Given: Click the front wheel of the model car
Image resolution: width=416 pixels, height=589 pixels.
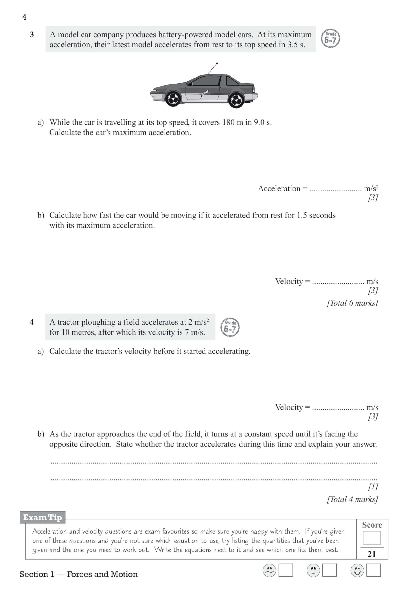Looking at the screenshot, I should coord(173,98).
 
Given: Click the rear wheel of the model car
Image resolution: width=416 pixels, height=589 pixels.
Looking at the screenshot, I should coord(236,100).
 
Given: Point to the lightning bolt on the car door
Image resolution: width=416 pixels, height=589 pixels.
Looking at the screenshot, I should coord(205,94).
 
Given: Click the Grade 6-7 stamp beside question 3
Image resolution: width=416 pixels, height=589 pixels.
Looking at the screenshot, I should coord(331,39).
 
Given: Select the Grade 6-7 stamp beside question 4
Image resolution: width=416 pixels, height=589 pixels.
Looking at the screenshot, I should coord(230,327).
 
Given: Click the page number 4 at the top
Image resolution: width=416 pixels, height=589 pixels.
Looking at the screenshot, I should coord(24,17).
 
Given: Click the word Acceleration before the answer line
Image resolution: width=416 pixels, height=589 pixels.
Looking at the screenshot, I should coord(279,189).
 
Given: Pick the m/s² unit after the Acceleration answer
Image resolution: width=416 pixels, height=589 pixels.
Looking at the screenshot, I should coord(371,189).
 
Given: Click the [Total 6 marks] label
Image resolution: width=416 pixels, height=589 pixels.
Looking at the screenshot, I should coord(352,303).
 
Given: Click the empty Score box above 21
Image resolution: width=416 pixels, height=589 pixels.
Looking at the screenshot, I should coord(372,538).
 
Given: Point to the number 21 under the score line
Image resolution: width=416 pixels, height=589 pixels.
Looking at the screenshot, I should coord(372,554).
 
